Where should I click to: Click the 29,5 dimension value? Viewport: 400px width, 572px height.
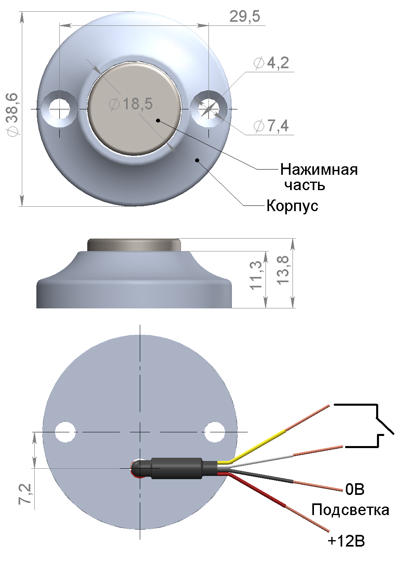(x=245, y=17)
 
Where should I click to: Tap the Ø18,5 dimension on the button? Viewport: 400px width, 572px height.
(x=131, y=104)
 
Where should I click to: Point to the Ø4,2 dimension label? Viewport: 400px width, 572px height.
(x=271, y=63)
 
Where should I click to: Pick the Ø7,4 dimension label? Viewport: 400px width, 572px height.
(x=271, y=126)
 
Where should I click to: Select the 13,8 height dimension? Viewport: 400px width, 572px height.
(x=284, y=270)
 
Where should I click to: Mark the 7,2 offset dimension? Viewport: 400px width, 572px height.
(x=25, y=494)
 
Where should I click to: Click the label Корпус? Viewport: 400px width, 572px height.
(x=292, y=206)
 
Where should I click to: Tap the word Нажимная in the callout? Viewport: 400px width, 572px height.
(x=319, y=169)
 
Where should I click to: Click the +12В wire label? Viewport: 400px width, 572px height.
(x=346, y=541)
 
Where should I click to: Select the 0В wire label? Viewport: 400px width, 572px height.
(x=355, y=489)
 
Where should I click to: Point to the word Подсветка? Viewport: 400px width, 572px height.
(x=350, y=510)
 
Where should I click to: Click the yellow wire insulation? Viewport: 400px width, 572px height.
(x=259, y=445)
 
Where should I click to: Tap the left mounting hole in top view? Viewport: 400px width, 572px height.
(x=60, y=108)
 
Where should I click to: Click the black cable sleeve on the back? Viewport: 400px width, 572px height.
(x=177, y=468)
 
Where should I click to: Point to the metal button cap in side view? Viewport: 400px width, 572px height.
(x=134, y=245)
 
